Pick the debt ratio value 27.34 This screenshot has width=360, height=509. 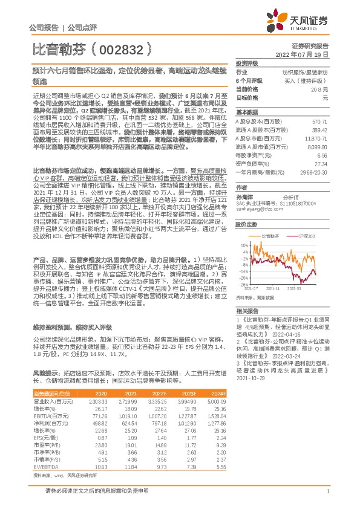click(x=320, y=163)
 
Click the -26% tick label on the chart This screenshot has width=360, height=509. click(x=241, y=284)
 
